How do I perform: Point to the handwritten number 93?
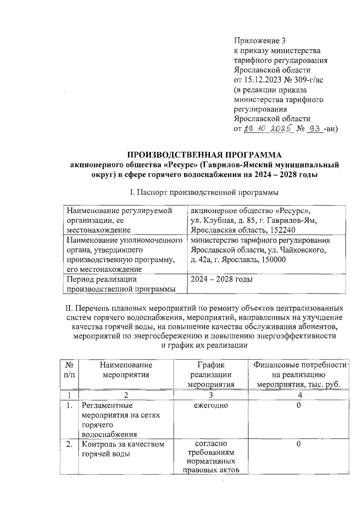pyautogui.click(x=315, y=129)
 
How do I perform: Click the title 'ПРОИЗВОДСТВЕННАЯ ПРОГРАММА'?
pyautogui.click(x=205, y=155)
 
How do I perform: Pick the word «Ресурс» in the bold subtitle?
pyautogui.click(x=181, y=165)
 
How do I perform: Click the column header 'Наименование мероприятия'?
pyautogui.click(x=126, y=370)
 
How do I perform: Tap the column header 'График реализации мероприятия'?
pyautogui.click(x=211, y=374)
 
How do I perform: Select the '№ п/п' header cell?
pyautogui.click(x=69, y=370)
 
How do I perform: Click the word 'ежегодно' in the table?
pyautogui.click(x=211, y=406)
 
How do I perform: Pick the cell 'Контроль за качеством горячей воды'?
pyautogui.click(x=123, y=449)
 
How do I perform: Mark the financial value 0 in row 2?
pyautogui.click(x=298, y=444)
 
